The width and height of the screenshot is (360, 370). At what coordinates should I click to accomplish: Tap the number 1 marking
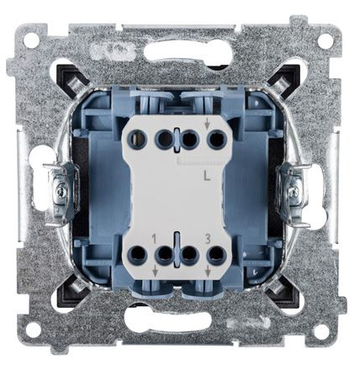click(155, 239)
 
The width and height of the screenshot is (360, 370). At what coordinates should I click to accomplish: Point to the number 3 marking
click(206, 239)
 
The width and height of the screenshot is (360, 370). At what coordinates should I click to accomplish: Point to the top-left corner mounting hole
click(31, 40)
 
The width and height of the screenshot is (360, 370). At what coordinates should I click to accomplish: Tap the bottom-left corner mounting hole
click(31, 330)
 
